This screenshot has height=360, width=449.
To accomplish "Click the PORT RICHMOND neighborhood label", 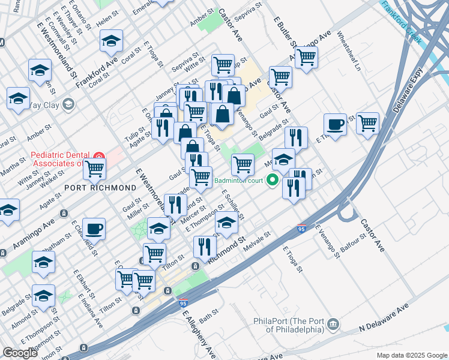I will point(101,188).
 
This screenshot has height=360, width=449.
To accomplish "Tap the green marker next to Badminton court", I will point(272,179).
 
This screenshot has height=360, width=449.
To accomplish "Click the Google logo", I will point(20,353).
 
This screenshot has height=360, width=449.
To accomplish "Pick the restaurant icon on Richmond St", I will point(205,247).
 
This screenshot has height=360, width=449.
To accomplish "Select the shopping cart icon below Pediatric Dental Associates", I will point(94,169).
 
